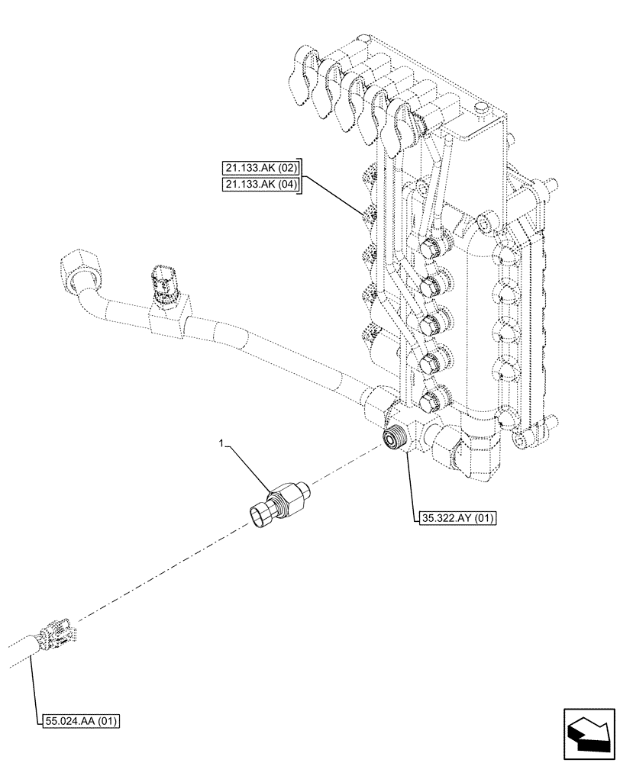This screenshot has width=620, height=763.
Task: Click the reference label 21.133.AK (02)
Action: click(260, 169)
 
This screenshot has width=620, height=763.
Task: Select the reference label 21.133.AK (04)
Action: click(260, 184)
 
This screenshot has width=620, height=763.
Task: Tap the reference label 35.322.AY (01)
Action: click(457, 519)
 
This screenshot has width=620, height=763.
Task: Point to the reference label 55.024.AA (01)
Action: click(80, 720)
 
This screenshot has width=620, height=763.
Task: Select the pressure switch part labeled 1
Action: click(279, 501)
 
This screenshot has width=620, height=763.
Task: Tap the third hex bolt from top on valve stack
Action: click(431, 322)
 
